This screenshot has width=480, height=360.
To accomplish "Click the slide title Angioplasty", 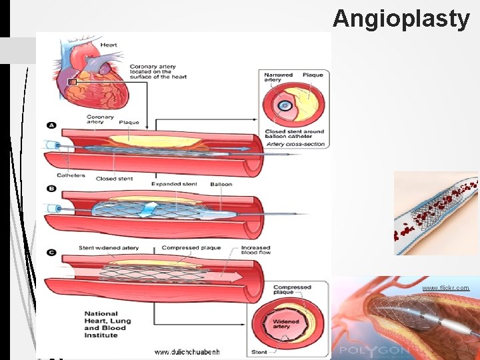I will (401, 19).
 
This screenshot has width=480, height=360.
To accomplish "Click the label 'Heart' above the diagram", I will (109, 45).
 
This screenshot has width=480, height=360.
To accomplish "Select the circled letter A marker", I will (51, 125).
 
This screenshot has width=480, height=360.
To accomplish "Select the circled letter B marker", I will (51, 189).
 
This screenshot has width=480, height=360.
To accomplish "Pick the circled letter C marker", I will (51, 253).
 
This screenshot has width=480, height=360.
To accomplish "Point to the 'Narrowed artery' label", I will (278, 77).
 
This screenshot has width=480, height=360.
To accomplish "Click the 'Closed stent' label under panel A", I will (115, 179).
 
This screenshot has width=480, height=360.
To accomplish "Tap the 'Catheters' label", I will (71, 176).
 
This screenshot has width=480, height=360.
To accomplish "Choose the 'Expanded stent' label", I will (174, 183).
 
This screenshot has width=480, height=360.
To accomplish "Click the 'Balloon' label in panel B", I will (221, 183).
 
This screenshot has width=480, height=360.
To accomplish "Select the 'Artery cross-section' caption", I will (295, 144).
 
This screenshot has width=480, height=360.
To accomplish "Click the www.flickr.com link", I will (445, 288).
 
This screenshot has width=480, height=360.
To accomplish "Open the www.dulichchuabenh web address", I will (187, 351).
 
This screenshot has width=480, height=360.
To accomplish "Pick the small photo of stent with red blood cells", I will (436, 213).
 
